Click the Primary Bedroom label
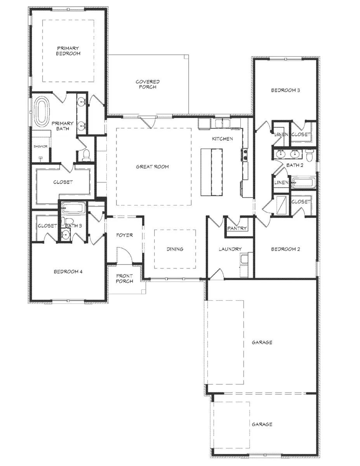(68, 51)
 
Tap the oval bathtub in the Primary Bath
(42, 112)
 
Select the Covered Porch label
(148, 84)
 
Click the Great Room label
(153, 167)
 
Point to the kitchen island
(212, 172)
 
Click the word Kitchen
(223, 139)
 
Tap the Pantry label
(237, 228)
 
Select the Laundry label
(230, 249)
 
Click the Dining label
(175, 249)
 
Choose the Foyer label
(125, 235)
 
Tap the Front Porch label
(125, 278)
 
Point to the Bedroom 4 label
(68, 272)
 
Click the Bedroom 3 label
(285, 90)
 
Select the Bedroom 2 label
(285, 249)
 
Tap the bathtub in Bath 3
(73, 208)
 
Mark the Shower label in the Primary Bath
(40, 146)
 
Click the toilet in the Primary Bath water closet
(87, 155)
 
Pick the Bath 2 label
(295, 165)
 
